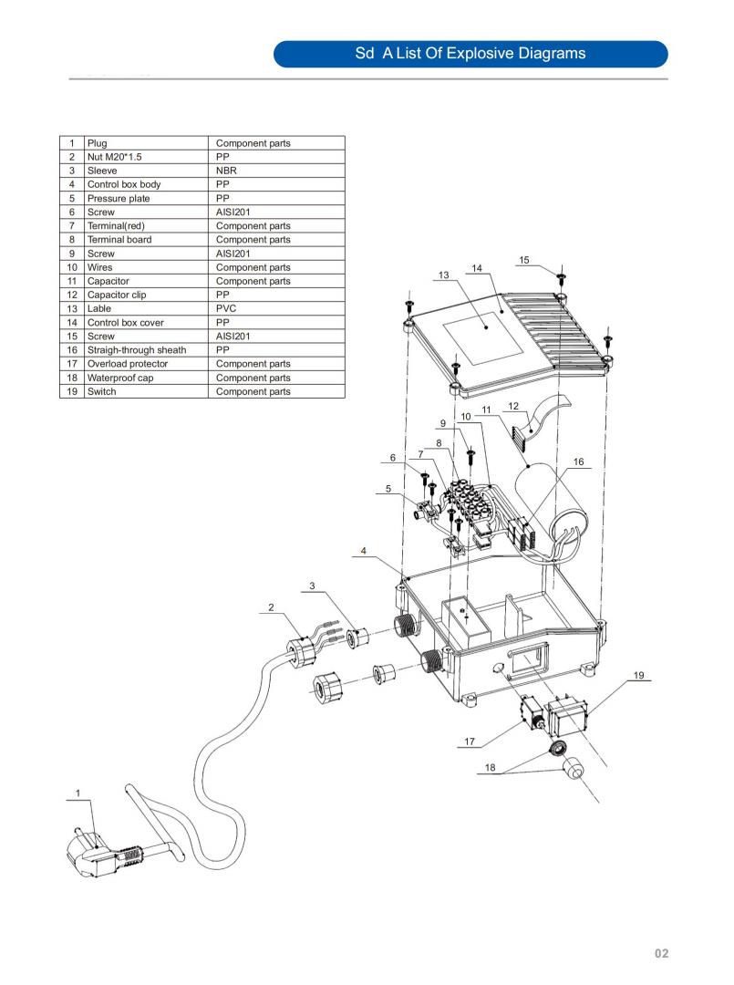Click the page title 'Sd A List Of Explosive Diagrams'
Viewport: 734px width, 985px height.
click(x=470, y=54)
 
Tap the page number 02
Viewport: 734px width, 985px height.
click(x=661, y=953)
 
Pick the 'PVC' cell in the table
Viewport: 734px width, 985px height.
click(x=227, y=308)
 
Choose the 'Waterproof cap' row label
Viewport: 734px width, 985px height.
click(x=122, y=378)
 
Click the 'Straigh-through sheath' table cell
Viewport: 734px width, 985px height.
click(x=136, y=350)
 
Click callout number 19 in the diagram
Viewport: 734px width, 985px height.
click(x=638, y=676)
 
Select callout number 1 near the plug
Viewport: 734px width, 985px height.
click(x=78, y=793)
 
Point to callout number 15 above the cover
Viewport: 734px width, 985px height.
click(x=524, y=261)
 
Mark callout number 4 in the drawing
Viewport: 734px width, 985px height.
click(x=364, y=551)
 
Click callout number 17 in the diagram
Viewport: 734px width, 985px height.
click(x=470, y=741)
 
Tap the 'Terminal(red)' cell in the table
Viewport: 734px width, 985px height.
click(x=116, y=225)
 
